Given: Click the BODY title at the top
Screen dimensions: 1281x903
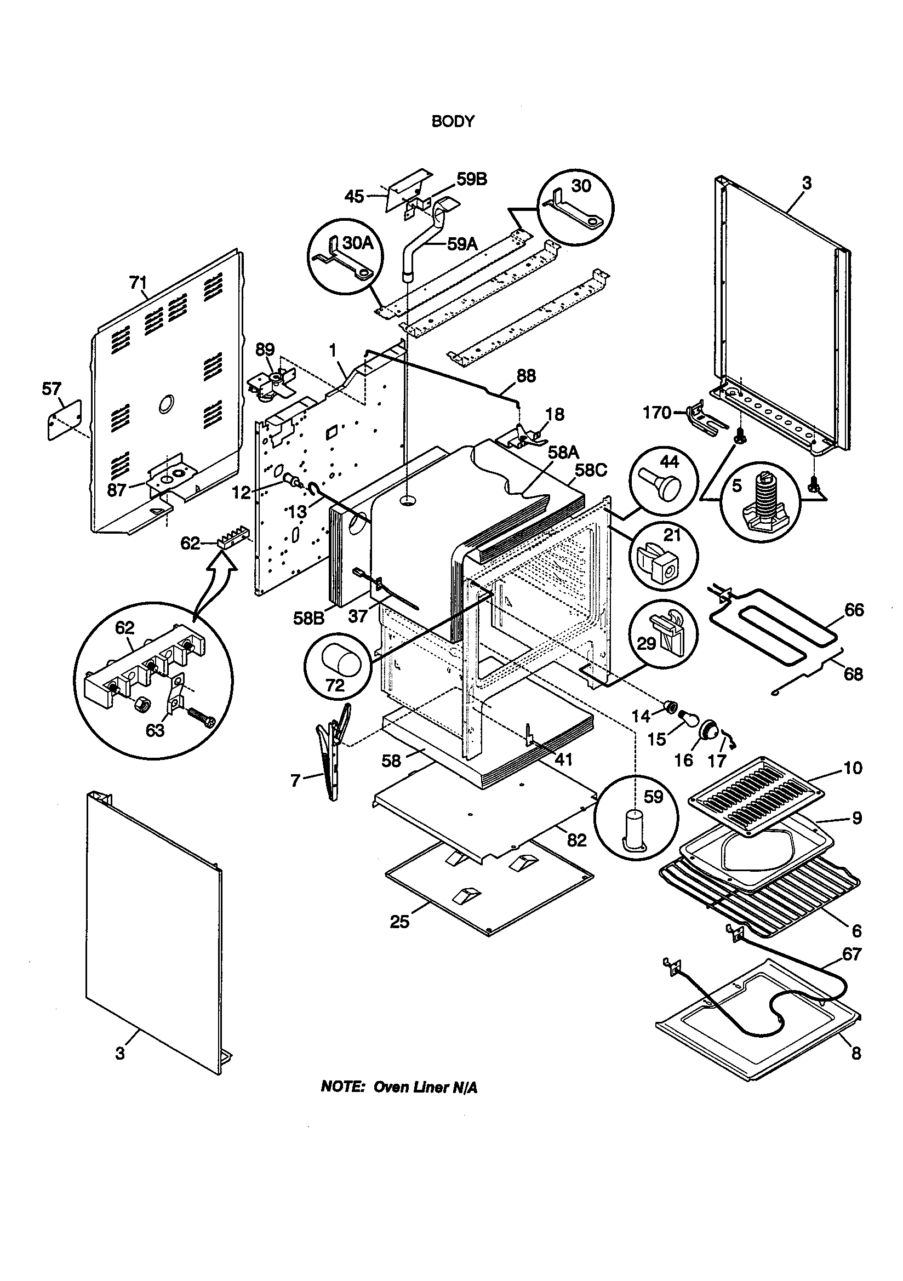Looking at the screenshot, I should pos(453,121).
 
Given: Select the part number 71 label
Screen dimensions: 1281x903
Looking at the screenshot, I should pos(138,283).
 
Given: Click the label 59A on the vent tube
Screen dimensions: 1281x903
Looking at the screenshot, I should pos(462,244).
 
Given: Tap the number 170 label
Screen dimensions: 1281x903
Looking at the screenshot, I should pos(657,413).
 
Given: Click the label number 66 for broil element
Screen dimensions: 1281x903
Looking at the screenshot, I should pos(854,610).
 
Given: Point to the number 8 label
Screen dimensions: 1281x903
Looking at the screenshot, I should pos(856,1054).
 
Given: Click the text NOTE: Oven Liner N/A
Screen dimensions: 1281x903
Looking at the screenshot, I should pos(399,1088).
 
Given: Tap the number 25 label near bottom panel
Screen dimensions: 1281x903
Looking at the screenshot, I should pos(399,922).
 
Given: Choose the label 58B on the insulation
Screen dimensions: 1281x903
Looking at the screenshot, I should pos(308,618).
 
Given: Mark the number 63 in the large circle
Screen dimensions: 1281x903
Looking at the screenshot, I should pos(155,730).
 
